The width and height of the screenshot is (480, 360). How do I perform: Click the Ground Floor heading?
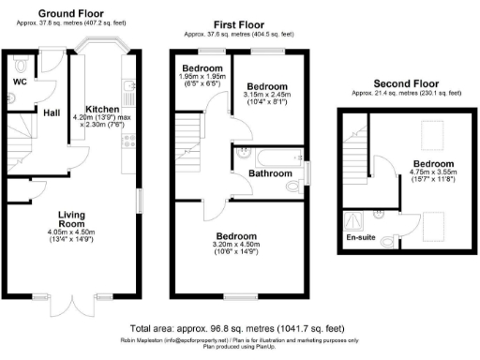click(70, 15)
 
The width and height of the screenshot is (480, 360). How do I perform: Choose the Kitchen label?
click(101, 109)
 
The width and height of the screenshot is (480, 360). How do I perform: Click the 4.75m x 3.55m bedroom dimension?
click(432, 177)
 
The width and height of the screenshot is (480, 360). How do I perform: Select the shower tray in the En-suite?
click(356, 220)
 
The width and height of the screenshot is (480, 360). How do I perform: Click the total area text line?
click(240, 329)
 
